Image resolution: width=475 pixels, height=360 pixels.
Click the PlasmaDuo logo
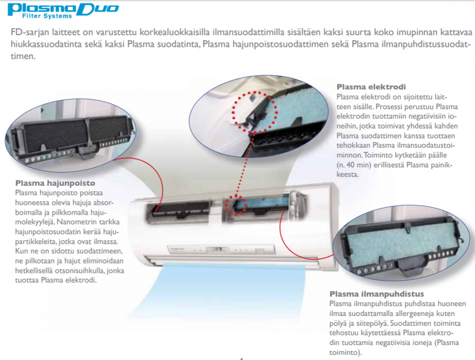(x=63, y=11)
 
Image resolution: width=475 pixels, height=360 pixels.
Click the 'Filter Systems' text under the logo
(x=47, y=16)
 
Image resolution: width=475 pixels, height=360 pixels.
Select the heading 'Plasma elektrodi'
(x=371, y=87)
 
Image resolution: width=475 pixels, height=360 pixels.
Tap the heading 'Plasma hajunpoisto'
(x=55, y=183)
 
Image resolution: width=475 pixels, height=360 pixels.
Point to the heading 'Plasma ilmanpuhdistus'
(x=377, y=294)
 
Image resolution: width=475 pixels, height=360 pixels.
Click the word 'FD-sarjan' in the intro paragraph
(x=30, y=32)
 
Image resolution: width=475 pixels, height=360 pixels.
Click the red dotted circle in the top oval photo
(x=255, y=112)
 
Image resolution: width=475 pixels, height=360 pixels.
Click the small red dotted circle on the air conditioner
(x=236, y=205)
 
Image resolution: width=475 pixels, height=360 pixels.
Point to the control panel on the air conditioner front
(x=221, y=250)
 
